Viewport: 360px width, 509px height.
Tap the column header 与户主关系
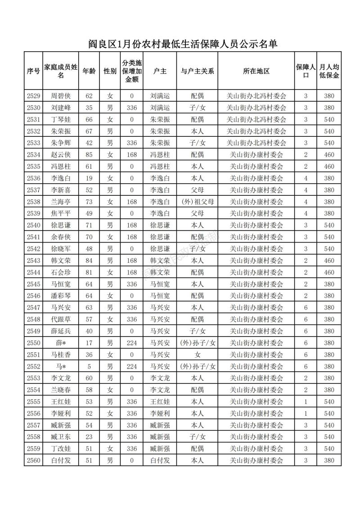click(x=197, y=71)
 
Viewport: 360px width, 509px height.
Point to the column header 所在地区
click(x=256, y=71)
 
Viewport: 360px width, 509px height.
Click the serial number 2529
click(x=34, y=96)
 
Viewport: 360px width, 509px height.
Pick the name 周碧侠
click(x=61, y=96)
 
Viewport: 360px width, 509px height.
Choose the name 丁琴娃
click(x=61, y=119)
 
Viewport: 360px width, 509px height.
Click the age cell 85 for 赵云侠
click(x=89, y=154)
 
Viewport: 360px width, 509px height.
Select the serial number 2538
click(x=34, y=201)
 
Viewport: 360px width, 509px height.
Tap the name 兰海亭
click(x=61, y=201)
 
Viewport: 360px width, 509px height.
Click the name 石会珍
click(x=61, y=272)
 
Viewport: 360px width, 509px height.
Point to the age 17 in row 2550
click(x=89, y=342)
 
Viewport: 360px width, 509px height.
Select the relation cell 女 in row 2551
click(x=197, y=354)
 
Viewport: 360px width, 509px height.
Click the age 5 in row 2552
click(x=89, y=366)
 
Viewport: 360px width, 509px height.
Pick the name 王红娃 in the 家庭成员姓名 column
click(x=61, y=401)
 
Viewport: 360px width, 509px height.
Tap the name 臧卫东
click(x=61, y=437)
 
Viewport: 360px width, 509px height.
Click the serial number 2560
click(x=34, y=460)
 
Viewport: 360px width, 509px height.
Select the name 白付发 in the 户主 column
click(x=160, y=460)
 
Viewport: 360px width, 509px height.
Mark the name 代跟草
click(x=61, y=319)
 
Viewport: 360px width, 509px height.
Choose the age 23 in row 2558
click(x=89, y=437)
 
